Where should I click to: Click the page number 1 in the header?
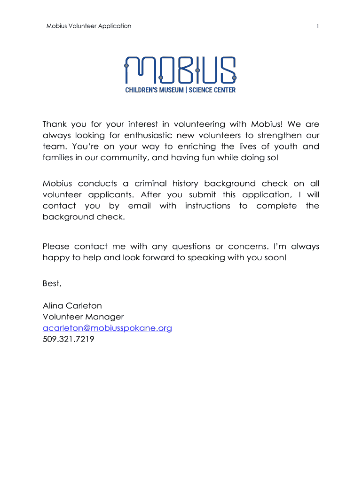pos(318,26)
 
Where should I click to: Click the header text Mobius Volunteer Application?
pos(89,26)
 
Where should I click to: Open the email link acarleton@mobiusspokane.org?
pos(107,328)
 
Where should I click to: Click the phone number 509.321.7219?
pos(68,339)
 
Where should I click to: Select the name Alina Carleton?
pos(72,305)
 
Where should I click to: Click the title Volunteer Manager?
pos(83,317)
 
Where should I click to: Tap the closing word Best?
pos(52,283)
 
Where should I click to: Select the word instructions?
pos(208,206)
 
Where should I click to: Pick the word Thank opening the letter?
pos(54,124)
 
